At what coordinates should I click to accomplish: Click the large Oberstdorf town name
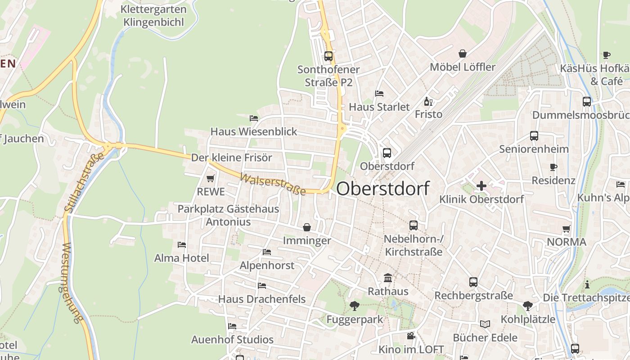tap(382, 189)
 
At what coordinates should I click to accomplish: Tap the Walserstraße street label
tap(273, 184)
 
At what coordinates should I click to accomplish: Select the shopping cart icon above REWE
tap(210, 179)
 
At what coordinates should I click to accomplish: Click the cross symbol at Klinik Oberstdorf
tap(481, 185)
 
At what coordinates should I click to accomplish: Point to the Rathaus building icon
tap(388, 278)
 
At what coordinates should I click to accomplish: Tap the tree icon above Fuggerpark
tap(354, 306)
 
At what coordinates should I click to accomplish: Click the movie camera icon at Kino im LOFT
tap(411, 336)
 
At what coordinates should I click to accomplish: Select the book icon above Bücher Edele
tap(485, 324)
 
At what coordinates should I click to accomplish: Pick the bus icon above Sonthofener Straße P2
tap(328, 56)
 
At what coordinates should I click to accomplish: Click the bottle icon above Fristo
tap(428, 101)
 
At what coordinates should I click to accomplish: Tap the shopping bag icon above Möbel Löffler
tap(463, 54)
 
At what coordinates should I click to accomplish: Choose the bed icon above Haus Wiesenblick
tap(254, 118)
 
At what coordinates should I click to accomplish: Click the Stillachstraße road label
tap(85, 182)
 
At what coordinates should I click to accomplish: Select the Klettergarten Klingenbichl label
tap(154, 15)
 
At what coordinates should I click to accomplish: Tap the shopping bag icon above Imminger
tap(307, 227)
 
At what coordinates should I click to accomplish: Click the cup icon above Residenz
tap(553, 167)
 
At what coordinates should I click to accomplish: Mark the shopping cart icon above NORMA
tap(567, 229)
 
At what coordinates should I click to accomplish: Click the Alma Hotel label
tap(182, 258)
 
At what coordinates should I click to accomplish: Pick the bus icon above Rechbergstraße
tap(473, 282)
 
